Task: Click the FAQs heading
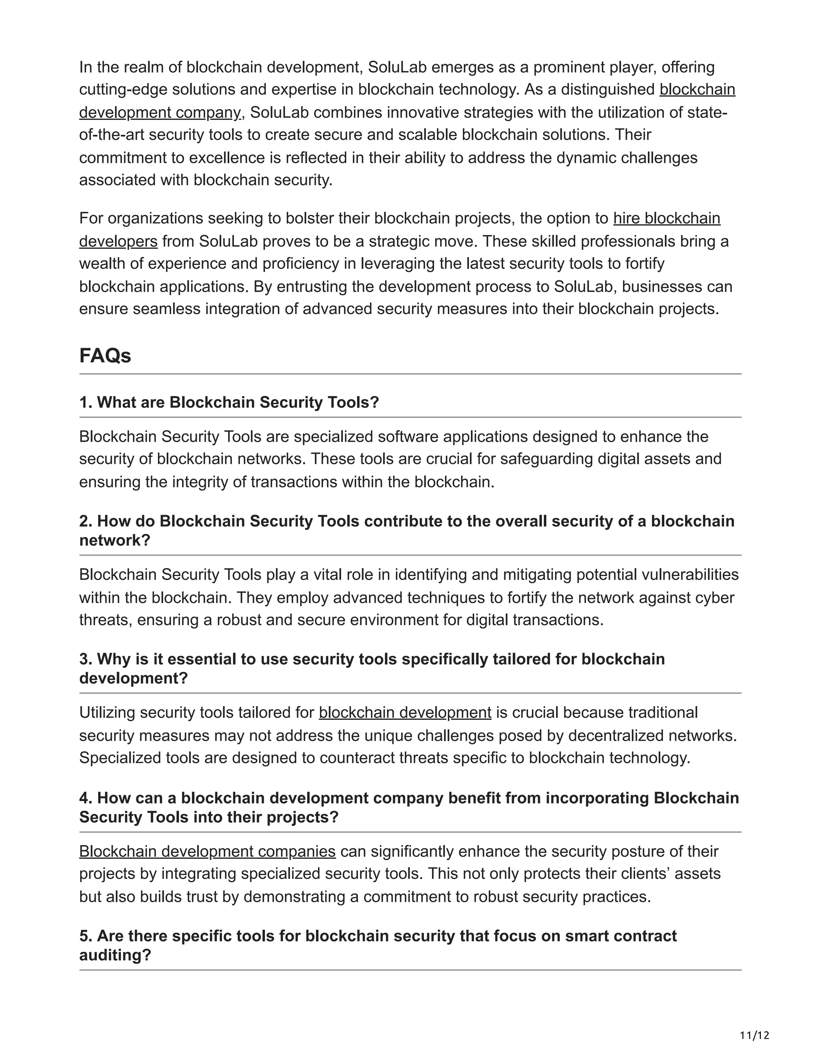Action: (105, 356)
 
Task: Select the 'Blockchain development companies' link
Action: (207, 851)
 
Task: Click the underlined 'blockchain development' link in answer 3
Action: (404, 712)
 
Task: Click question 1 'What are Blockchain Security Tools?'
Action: (229, 402)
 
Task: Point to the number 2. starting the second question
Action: (86, 521)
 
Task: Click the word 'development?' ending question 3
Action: (133, 678)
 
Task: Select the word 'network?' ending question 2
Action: (115, 541)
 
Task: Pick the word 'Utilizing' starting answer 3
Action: (107, 712)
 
